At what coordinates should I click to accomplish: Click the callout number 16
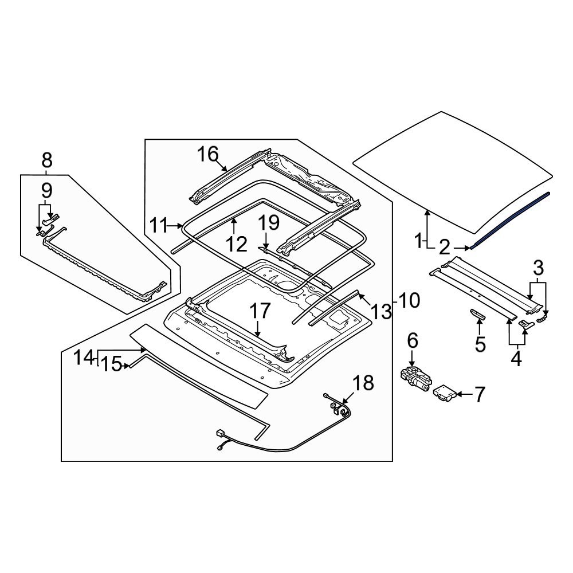click(209, 154)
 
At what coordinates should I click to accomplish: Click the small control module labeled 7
click(446, 394)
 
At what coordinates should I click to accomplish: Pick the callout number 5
click(480, 344)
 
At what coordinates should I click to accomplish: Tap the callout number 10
click(410, 299)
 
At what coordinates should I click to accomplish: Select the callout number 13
click(381, 311)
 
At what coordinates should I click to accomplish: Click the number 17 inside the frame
click(259, 312)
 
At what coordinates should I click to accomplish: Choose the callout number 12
click(236, 245)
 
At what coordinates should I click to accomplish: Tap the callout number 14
click(83, 358)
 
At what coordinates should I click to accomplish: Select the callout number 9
click(46, 190)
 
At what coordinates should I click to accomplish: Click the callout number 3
click(538, 268)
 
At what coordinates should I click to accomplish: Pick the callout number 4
click(516, 359)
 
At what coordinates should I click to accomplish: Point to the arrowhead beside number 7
click(460, 394)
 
